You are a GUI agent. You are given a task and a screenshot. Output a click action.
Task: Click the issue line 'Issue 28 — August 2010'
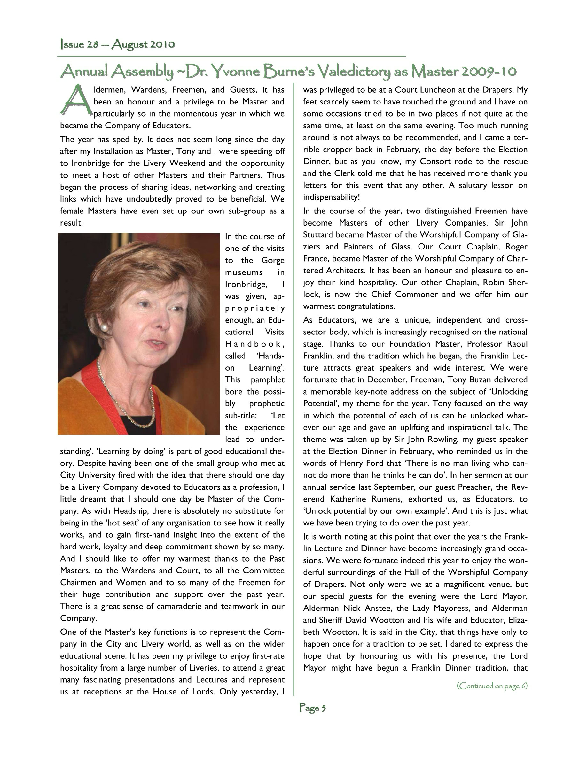[x=118, y=45]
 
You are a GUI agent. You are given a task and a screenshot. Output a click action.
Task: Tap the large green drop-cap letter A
[x=77, y=100]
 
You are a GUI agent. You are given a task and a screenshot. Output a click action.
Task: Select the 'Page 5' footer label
[x=313, y=708]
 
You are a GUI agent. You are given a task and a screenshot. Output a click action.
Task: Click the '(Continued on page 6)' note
[x=492, y=686]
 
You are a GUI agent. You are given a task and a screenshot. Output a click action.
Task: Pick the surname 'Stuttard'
[x=319, y=234]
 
